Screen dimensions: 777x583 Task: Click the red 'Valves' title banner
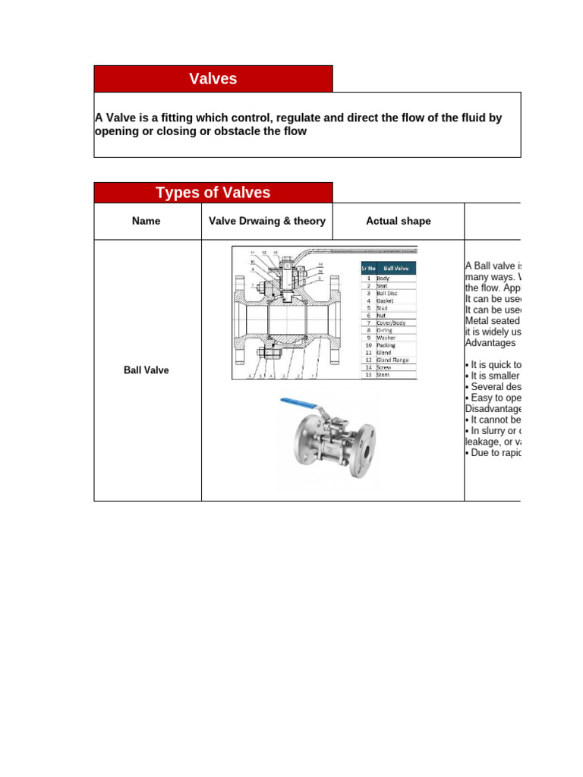(x=213, y=79)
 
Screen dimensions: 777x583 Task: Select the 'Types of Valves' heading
(x=213, y=193)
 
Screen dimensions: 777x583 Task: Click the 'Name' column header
(x=147, y=222)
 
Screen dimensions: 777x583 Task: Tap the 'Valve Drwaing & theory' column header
(x=266, y=222)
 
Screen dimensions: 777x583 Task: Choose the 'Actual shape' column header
(x=398, y=222)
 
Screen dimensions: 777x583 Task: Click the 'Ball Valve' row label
(x=147, y=370)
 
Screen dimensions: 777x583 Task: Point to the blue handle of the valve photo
(x=300, y=403)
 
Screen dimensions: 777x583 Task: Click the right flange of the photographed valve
(x=366, y=451)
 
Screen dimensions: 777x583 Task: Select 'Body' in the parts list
(x=384, y=278)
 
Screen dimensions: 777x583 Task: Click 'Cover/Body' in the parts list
(x=391, y=322)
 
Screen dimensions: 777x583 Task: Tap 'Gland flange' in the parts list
(x=392, y=360)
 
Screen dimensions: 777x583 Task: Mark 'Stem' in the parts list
(x=383, y=375)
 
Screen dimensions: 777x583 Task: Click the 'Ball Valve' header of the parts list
(x=396, y=269)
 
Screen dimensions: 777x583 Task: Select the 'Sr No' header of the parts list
(x=367, y=269)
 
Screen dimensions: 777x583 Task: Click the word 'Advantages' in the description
(x=490, y=343)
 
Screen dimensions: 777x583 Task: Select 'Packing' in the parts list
(x=386, y=345)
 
